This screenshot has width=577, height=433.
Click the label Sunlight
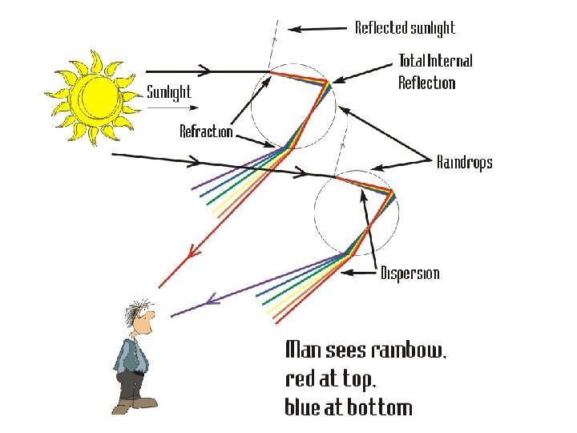point(169,92)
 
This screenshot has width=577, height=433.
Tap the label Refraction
point(206,132)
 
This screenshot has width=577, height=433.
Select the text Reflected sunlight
point(405,29)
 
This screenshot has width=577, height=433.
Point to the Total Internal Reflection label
point(435,71)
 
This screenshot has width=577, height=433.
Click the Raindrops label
point(464,163)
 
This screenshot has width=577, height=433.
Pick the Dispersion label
point(410,273)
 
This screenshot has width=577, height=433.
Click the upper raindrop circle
point(290,103)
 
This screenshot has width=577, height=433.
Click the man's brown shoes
point(132,405)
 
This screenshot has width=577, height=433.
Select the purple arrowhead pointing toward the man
point(212,301)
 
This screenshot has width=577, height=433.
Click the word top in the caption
point(366,379)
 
